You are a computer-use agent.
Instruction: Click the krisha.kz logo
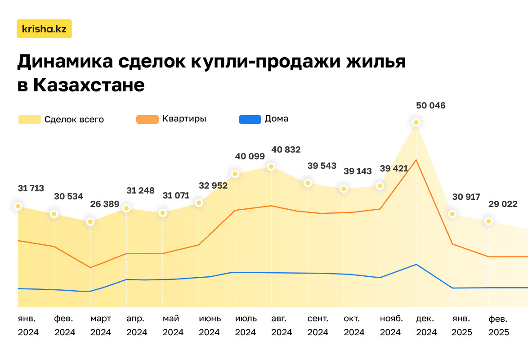click(44, 29)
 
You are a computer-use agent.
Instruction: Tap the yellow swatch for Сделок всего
click(30, 119)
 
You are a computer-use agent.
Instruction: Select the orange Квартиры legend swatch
click(147, 119)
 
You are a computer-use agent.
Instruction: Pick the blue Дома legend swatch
click(250, 119)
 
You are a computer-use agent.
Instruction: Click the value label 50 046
click(431, 106)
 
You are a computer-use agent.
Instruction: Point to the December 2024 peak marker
click(416, 122)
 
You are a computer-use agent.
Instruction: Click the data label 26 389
click(105, 204)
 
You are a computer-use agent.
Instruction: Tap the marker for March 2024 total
click(90, 221)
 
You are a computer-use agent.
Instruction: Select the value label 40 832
click(286, 149)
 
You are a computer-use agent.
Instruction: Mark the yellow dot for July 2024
click(235, 174)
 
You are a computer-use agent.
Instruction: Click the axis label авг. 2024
click(282, 325)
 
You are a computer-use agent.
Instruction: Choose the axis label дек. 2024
click(426, 325)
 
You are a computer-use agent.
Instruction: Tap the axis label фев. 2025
click(498, 325)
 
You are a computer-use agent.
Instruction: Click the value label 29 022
click(503, 203)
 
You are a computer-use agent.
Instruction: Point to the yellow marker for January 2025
click(452, 214)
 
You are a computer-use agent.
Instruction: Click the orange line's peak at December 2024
click(416, 160)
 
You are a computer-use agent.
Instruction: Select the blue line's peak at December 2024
click(416, 264)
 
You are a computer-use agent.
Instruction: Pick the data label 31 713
click(31, 188)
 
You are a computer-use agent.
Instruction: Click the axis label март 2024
click(101, 325)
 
